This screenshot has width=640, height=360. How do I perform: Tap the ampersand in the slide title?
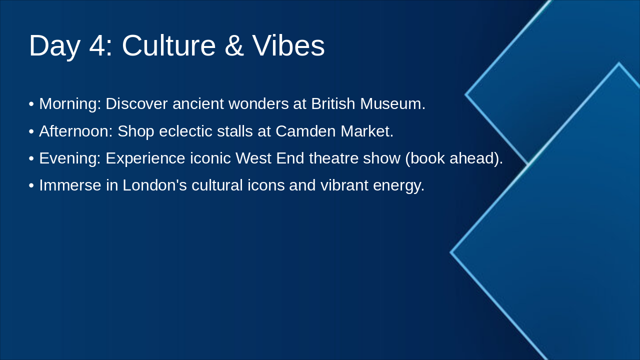click(234, 45)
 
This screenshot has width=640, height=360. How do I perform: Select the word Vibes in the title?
click(288, 45)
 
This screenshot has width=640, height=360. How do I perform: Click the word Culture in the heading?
click(168, 45)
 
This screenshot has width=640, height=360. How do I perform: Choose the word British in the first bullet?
click(333, 103)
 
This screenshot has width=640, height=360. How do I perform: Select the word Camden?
click(305, 131)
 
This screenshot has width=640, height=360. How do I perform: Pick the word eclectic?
click(185, 131)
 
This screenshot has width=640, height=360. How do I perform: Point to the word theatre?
click(333, 158)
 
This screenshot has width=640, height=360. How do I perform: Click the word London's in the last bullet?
click(155, 185)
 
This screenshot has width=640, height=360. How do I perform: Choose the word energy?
click(399, 185)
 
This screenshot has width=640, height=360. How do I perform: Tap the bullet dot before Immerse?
click(31, 186)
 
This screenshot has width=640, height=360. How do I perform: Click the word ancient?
click(198, 103)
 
